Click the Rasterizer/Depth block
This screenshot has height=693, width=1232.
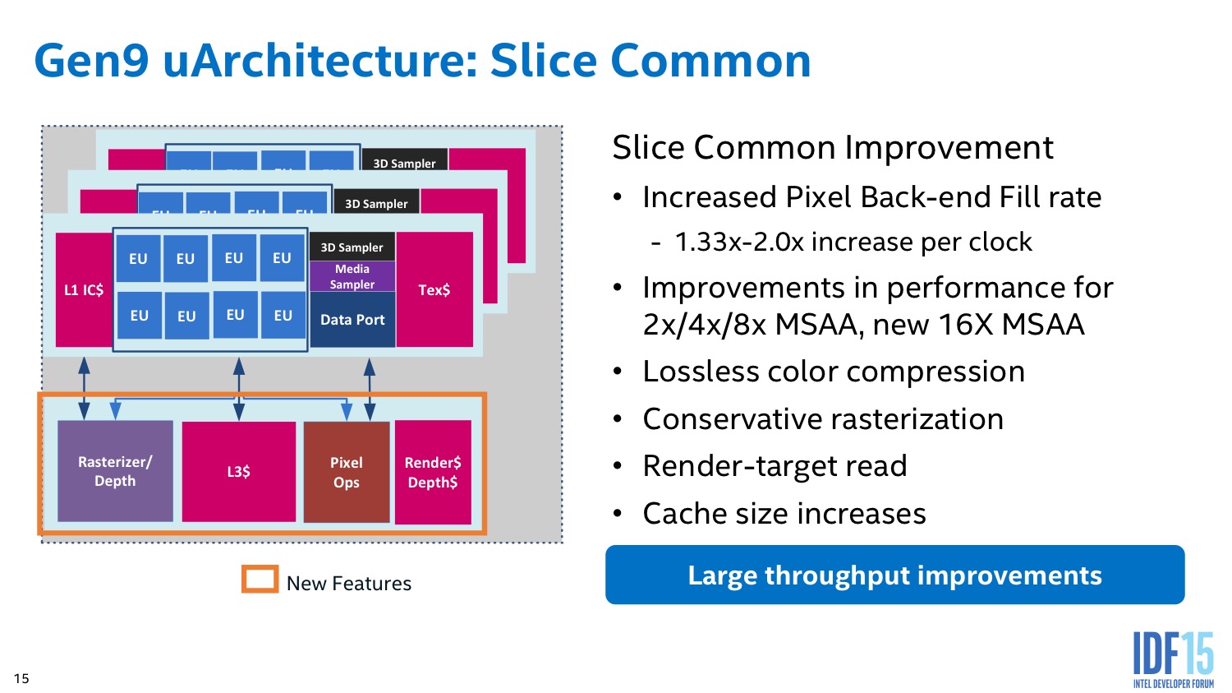pos(115,471)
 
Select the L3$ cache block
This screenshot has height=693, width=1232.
pos(238,471)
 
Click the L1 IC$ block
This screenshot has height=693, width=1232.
pos(84,289)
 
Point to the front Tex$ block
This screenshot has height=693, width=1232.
pos(434,289)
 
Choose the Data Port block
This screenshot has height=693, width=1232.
pos(352,320)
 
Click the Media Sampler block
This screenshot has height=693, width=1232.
pos(352,276)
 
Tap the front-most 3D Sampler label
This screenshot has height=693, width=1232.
pos(352,247)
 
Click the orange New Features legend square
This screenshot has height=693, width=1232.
pos(260,579)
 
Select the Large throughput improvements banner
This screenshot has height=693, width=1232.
pos(894,575)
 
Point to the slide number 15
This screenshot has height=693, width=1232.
pos(21,678)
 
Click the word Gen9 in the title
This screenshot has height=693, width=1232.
pos(91,62)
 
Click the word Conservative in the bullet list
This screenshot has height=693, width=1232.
pos(729,419)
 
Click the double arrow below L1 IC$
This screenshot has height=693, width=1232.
pos(84,388)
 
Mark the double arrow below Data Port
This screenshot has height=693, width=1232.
pos(370,388)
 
